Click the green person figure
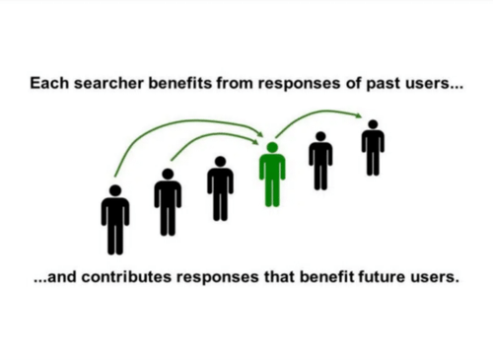tap(272, 176)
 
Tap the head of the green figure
tap(272, 148)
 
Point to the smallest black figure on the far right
tap(372, 148)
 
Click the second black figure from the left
tap(168, 201)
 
